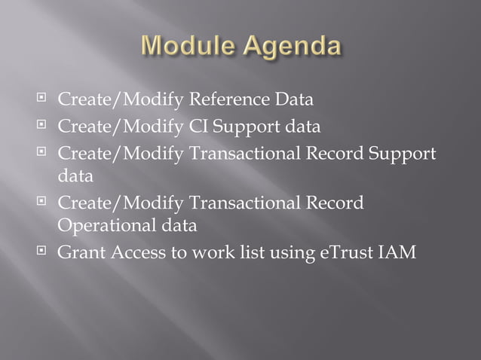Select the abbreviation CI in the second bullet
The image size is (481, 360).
[197, 127]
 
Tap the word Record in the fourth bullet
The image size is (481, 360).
[335, 203]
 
